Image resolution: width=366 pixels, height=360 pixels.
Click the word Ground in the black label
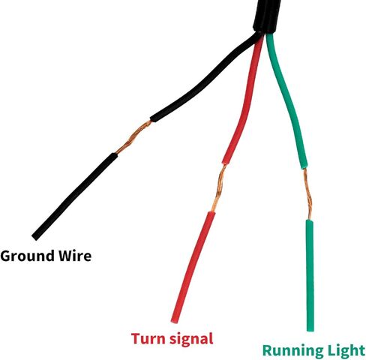coord(28,256)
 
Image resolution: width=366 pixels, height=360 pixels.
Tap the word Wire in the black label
coord(75,256)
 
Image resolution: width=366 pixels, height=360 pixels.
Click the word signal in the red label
coord(191,340)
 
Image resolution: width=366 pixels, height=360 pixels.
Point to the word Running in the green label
coord(292,350)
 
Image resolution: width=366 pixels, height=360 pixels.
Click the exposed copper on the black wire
coord(133,137)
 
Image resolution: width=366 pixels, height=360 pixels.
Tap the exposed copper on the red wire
coord(218,188)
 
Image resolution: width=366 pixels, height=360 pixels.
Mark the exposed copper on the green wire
coord(307,194)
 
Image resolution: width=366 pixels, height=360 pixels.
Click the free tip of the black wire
coord(35,238)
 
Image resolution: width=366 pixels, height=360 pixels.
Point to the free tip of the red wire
coord(174,321)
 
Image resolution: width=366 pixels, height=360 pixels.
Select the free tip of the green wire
coord(310,330)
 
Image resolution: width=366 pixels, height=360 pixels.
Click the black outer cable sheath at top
coord(266,16)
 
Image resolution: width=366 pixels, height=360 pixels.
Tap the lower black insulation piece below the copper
coord(74,196)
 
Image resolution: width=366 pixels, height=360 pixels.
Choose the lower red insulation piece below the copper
coord(193,268)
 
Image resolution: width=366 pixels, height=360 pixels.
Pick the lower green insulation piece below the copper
coord(310,275)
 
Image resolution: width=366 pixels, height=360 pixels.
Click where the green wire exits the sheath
coord(269,34)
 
